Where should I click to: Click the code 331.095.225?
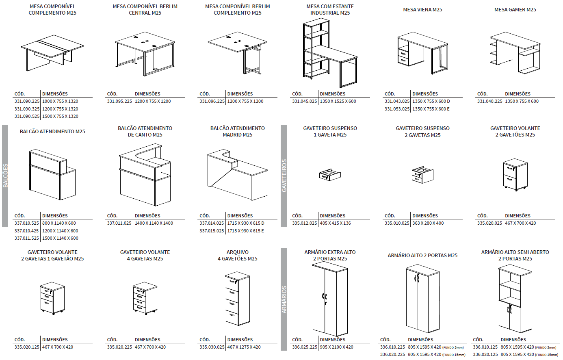click(119, 101)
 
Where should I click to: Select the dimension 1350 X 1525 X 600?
click(338, 101)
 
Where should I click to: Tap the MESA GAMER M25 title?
click(515, 9)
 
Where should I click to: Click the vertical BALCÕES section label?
click(5, 176)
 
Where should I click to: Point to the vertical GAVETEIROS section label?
click(284, 176)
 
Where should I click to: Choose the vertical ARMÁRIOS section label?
click(284, 299)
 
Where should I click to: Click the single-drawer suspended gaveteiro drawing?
click(330, 175)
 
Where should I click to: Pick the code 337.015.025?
click(212, 231)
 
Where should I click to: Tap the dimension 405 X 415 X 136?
click(335, 223)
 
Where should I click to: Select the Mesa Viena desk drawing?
click(422, 53)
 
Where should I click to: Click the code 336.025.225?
click(304, 347)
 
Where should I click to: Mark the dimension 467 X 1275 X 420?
click(244, 347)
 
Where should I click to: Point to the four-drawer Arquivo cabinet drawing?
click(237, 299)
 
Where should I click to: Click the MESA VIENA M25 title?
click(422, 9)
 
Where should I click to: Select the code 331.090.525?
click(27, 116)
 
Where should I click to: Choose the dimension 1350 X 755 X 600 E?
click(431, 109)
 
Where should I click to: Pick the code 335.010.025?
click(397, 223)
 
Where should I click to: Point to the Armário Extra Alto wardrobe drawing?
click(330, 299)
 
